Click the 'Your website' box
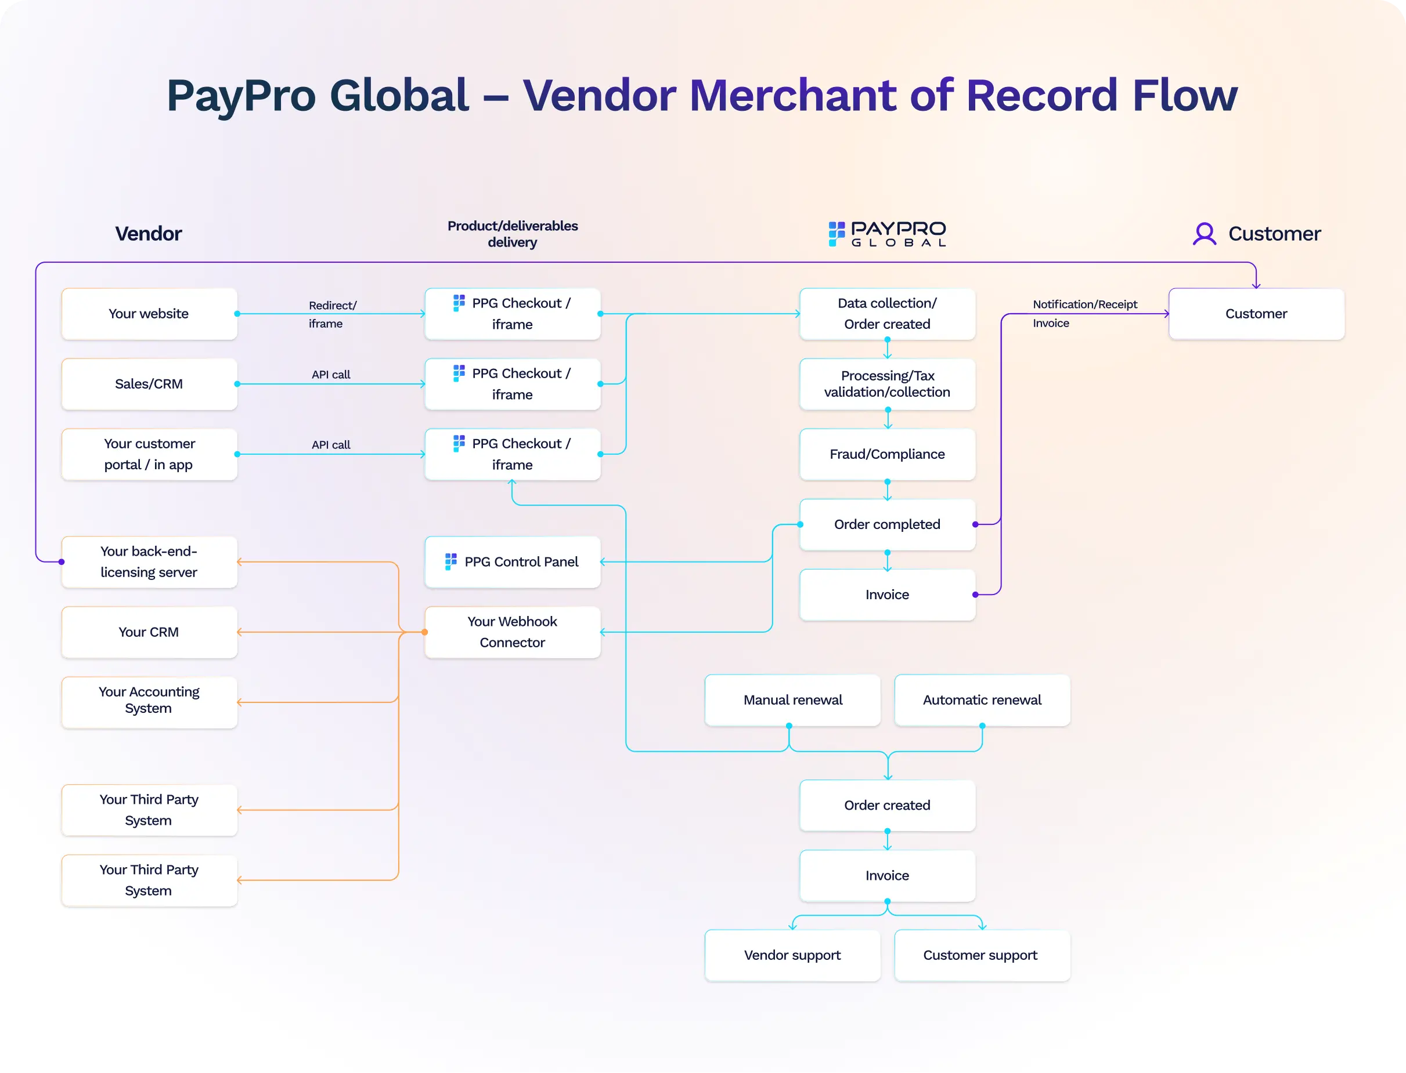click(x=149, y=314)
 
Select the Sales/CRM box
click(x=149, y=384)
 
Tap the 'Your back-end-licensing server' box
click(x=149, y=561)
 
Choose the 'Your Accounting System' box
click(x=149, y=701)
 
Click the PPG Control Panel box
click(x=513, y=562)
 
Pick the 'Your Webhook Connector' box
click(x=513, y=632)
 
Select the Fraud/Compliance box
click(x=887, y=454)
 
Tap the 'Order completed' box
click(x=887, y=524)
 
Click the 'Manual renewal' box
click(x=792, y=700)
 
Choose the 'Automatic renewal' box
click(x=982, y=700)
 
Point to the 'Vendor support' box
click(x=792, y=955)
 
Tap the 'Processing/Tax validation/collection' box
click(x=887, y=384)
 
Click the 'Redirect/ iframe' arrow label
click(x=331, y=314)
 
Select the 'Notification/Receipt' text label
click(x=1084, y=304)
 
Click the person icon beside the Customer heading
click(x=1204, y=234)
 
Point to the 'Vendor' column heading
click(x=148, y=234)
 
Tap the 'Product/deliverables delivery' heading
click(x=513, y=234)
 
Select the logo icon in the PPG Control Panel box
click(x=451, y=561)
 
